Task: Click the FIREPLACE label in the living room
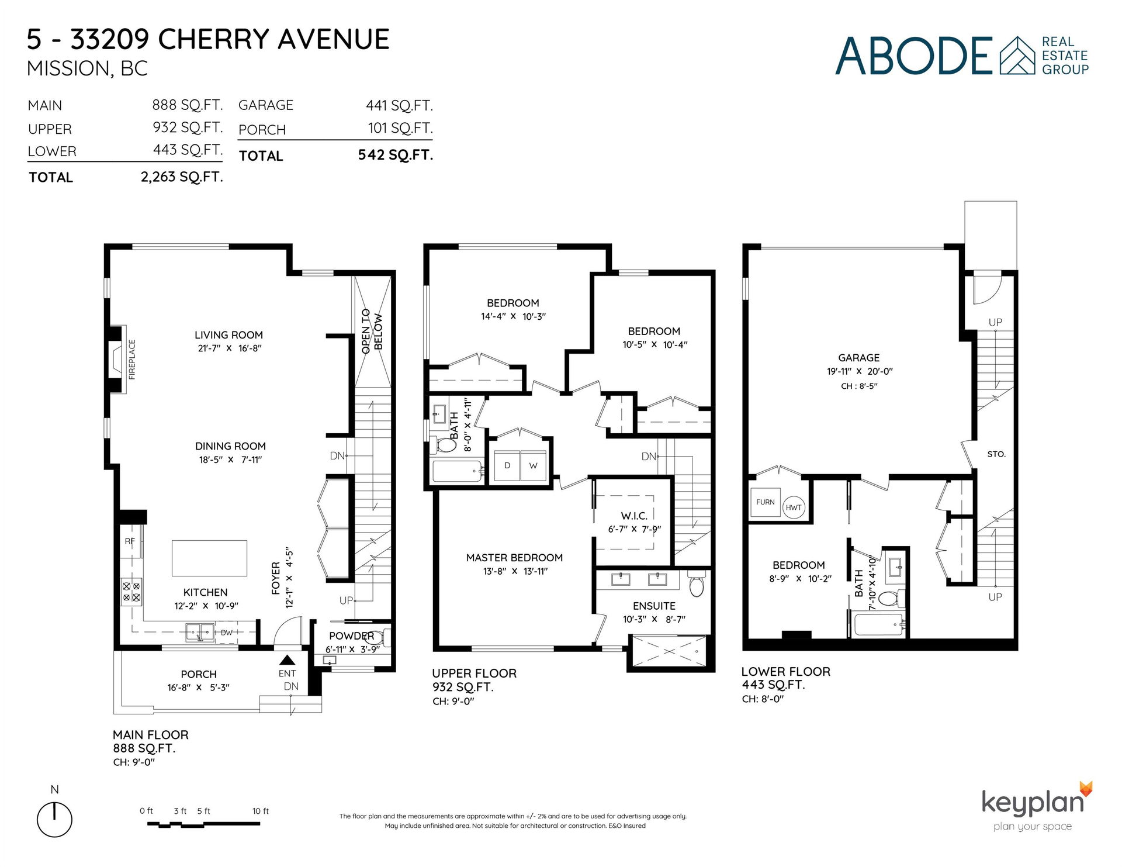(x=132, y=360)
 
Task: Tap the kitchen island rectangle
(x=209, y=558)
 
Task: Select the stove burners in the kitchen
(x=131, y=591)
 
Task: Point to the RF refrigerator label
(x=130, y=541)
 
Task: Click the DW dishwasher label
(x=227, y=633)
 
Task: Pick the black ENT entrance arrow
(x=287, y=660)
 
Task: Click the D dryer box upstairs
(x=507, y=466)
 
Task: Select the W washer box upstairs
(x=534, y=466)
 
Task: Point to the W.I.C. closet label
(x=634, y=516)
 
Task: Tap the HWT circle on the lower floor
(x=794, y=507)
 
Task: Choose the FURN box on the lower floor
(x=765, y=502)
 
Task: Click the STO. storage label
(x=996, y=454)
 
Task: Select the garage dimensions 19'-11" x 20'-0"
(x=860, y=372)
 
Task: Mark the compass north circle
(x=54, y=820)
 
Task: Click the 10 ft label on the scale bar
(x=261, y=811)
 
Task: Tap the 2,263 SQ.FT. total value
(x=182, y=177)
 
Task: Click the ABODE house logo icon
(x=1017, y=56)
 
